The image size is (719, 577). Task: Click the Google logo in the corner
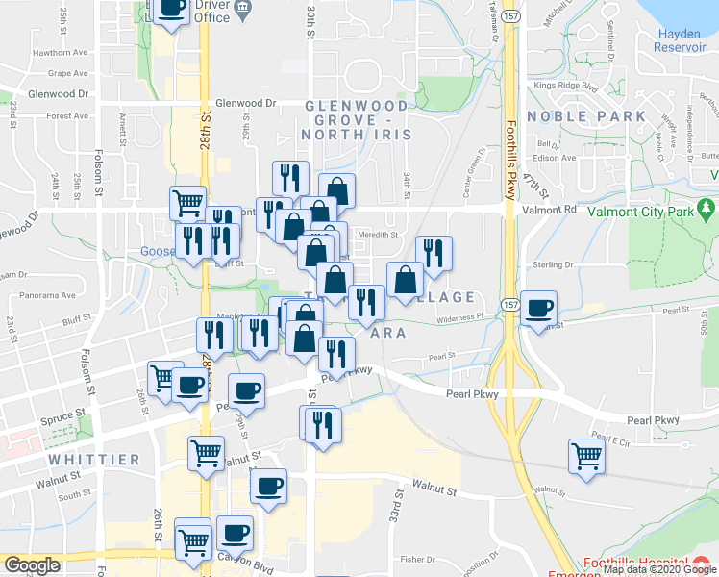click(x=31, y=565)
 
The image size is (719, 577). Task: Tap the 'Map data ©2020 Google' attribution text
click(x=659, y=569)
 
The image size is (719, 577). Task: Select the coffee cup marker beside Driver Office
click(x=171, y=10)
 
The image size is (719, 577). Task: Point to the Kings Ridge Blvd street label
click(x=566, y=86)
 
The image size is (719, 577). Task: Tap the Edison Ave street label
click(x=556, y=158)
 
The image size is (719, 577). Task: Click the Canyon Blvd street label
click(x=239, y=562)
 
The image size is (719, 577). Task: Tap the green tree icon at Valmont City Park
click(x=707, y=208)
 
